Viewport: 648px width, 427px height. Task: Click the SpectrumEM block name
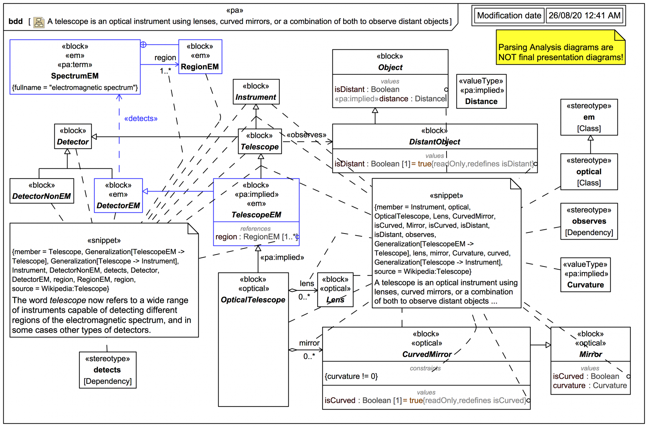tap(75, 76)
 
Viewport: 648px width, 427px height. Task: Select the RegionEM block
tap(200, 57)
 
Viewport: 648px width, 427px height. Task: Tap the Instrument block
tap(256, 92)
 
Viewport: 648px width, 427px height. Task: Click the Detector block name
tap(73, 142)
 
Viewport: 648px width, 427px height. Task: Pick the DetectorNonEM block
tap(42, 191)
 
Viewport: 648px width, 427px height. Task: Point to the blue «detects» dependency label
tap(141, 119)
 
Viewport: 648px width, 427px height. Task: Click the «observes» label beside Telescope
tap(306, 135)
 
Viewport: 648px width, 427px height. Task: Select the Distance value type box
tap(481, 91)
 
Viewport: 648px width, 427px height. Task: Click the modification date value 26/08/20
tap(584, 16)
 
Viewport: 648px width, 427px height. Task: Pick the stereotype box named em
tap(589, 117)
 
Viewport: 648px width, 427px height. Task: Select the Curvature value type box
tap(585, 275)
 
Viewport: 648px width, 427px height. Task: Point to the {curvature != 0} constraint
tap(351, 376)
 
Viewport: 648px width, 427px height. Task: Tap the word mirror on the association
tap(309, 343)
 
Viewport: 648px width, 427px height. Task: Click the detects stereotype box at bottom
tap(107, 370)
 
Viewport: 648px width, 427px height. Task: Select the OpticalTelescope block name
tap(253, 300)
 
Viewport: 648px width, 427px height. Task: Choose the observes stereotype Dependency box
tap(589, 221)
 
